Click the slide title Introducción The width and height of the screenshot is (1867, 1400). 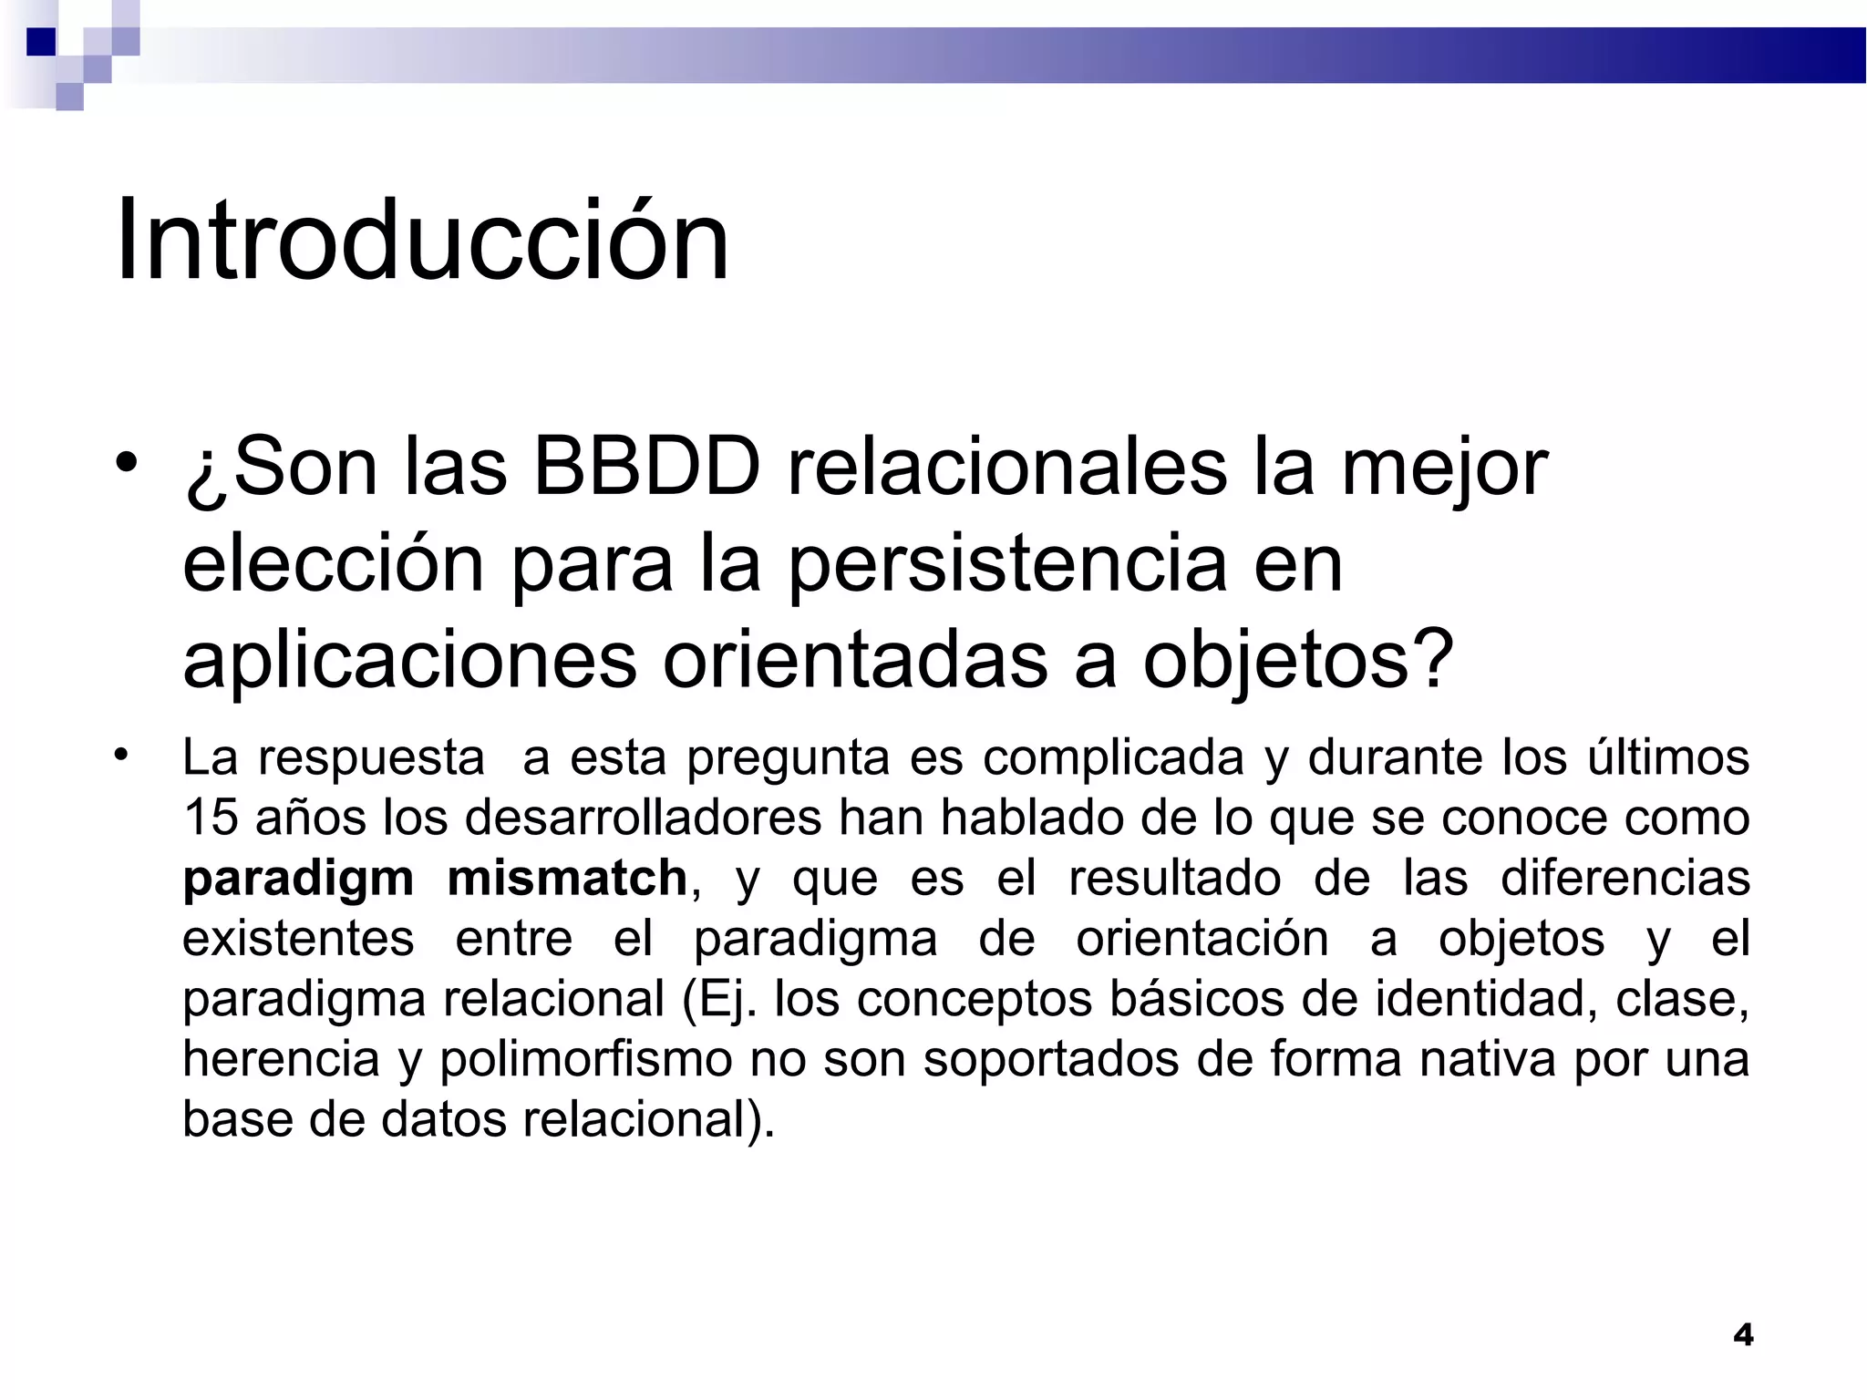tap(421, 241)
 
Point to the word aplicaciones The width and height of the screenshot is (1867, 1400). tap(409, 661)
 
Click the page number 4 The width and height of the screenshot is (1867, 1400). tap(1742, 1334)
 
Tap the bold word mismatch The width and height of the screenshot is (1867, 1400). tap(567, 879)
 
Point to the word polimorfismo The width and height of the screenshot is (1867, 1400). tap(586, 1061)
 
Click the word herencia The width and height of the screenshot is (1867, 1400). tap(281, 1059)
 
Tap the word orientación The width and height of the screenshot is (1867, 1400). tap(1202, 939)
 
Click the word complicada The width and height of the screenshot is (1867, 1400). tap(1113, 758)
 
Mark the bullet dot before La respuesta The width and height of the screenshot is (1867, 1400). tap(120, 755)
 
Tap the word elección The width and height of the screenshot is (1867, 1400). tap(333, 565)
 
